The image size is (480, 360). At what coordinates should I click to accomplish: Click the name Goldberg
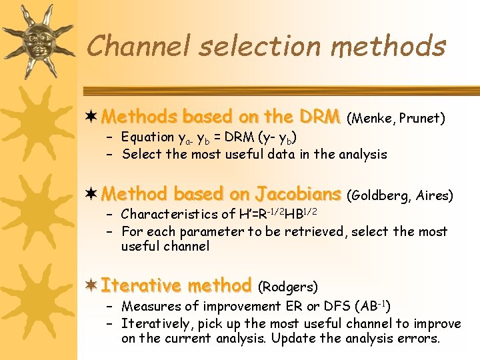[x=379, y=195]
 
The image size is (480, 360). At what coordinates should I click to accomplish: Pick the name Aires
[x=433, y=195]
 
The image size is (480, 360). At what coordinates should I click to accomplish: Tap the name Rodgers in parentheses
[x=287, y=287]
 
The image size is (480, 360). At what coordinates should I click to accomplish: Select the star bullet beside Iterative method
[x=92, y=285]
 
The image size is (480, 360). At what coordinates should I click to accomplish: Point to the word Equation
[x=147, y=137]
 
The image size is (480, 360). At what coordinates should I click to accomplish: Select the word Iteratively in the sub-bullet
[x=155, y=323]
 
